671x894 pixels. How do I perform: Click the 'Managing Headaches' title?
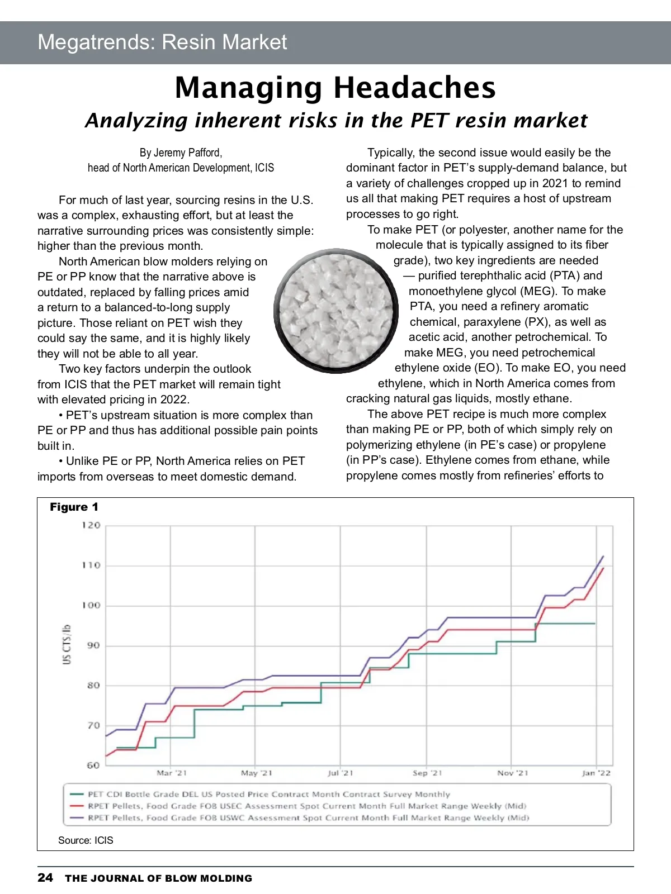pyautogui.click(x=335, y=88)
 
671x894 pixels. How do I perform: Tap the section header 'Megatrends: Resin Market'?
pyautogui.click(x=162, y=42)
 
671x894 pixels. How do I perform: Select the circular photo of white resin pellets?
pyautogui.click(x=336, y=311)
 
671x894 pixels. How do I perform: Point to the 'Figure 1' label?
pyautogui.click(x=74, y=507)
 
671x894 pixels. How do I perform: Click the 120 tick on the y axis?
pyautogui.click(x=91, y=525)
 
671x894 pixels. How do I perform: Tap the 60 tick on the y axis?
pyautogui.click(x=93, y=765)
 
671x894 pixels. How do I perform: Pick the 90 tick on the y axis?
pyautogui.click(x=93, y=645)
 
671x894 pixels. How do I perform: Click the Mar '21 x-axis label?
pyautogui.click(x=172, y=773)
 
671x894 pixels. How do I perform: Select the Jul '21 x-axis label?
pyautogui.click(x=341, y=773)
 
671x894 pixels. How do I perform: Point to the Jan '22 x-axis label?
pyautogui.click(x=596, y=773)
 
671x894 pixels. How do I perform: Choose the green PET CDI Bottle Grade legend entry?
pyautogui.click(x=268, y=794)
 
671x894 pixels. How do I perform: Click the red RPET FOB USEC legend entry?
pyautogui.click(x=306, y=806)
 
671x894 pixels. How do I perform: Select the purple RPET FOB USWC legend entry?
pyautogui.click(x=308, y=817)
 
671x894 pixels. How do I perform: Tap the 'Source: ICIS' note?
pyautogui.click(x=86, y=840)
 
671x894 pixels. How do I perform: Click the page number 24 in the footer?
pyautogui.click(x=45, y=877)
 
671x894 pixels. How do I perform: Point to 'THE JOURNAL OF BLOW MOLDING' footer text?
pyautogui.click(x=158, y=878)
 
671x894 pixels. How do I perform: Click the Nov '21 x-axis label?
pyautogui.click(x=512, y=773)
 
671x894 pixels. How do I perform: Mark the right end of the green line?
pyautogui.click(x=594, y=623)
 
